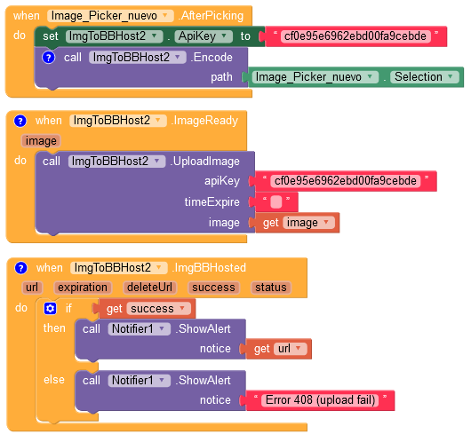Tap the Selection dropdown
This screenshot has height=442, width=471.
[422, 77]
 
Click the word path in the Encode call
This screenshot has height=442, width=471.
[221, 77]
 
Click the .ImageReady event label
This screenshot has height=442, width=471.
[204, 121]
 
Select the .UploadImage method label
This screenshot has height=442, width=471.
[205, 162]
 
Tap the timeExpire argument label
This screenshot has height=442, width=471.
[212, 202]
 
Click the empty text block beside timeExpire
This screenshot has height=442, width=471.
[275, 202]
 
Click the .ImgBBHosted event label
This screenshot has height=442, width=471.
[209, 267]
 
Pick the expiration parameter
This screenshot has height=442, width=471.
[84, 288]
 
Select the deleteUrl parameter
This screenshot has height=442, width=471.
[150, 288]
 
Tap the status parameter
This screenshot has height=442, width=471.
[270, 288]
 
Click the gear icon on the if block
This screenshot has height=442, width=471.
[50, 308]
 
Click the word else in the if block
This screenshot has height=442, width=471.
[54, 380]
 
